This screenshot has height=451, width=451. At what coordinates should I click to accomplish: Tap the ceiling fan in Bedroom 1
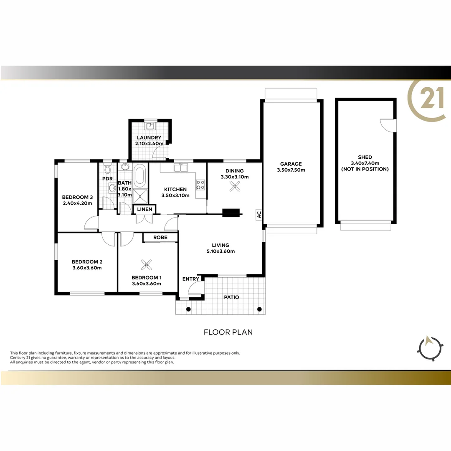point(147,264)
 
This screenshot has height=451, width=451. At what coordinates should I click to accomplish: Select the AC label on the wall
point(259,215)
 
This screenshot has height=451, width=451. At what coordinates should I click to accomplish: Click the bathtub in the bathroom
point(140,175)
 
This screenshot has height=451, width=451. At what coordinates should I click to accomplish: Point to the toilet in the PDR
point(107,168)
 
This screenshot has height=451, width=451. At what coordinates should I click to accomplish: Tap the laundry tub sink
point(150,126)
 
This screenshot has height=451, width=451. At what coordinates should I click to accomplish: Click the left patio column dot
point(188,309)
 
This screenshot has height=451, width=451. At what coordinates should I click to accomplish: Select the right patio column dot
point(260,309)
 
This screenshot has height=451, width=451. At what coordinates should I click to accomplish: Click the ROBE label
point(160,237)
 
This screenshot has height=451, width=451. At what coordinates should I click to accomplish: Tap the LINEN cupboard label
point(144,208)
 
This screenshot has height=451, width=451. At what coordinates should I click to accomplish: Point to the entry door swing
point(195,289)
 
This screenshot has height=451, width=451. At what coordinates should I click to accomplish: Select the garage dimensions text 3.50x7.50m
point(291,170)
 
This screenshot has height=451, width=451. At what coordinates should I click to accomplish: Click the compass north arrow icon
point(430,347)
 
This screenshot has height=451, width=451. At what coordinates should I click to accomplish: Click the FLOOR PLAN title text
point(228,332)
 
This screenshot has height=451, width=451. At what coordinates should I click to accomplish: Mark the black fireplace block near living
point(231,213)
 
